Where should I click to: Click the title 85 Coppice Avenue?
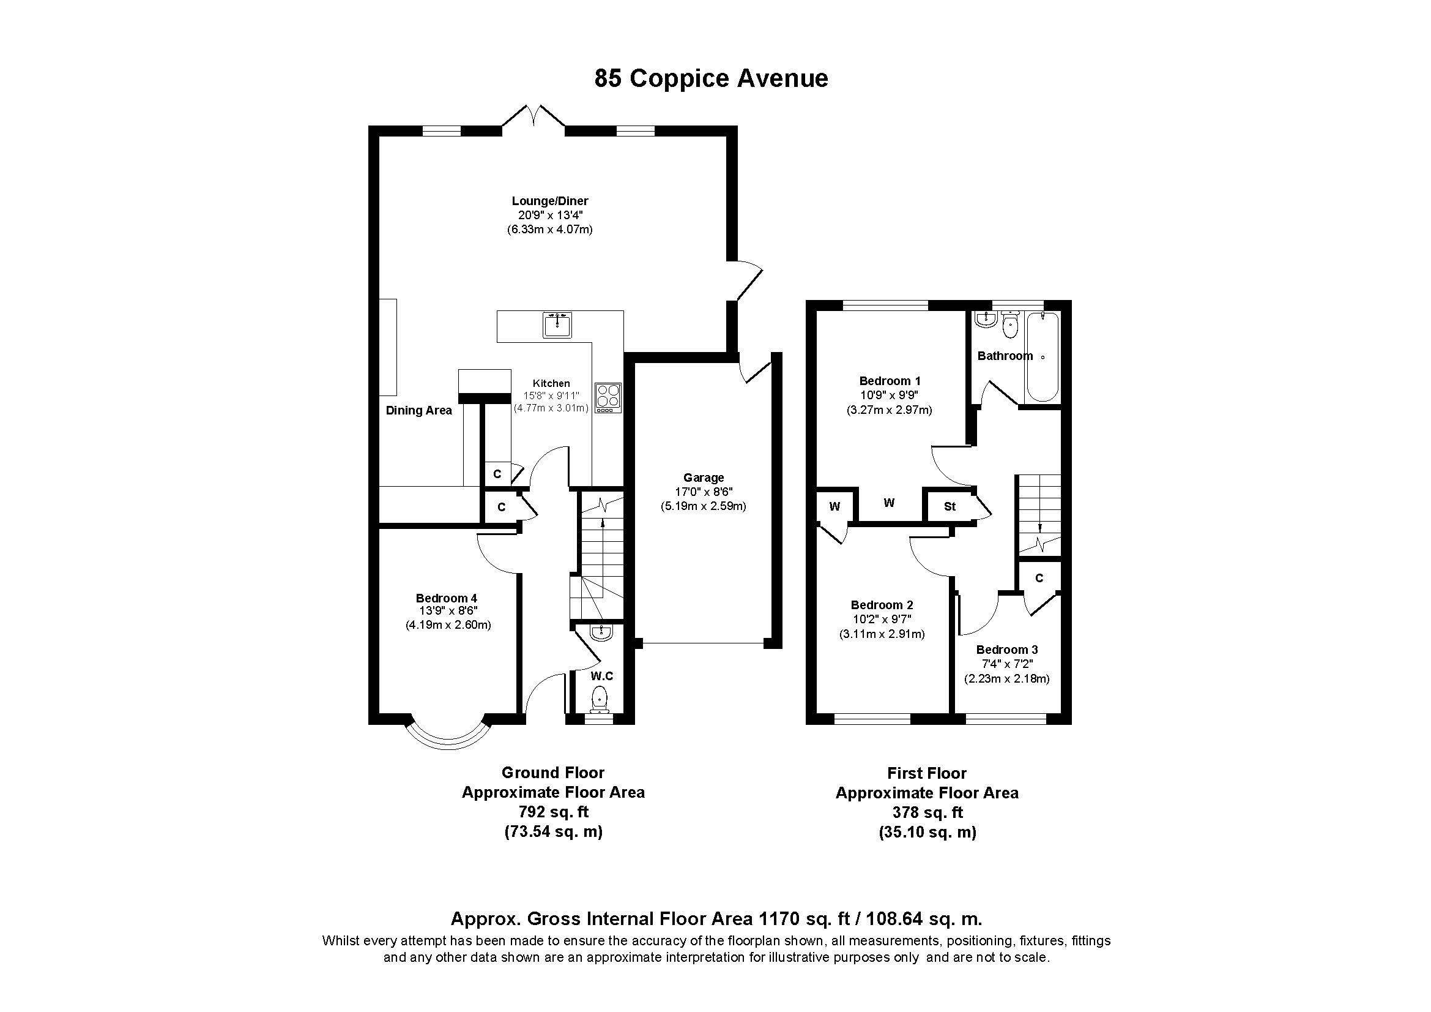point(711,78)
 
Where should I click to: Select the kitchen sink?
point(557,325)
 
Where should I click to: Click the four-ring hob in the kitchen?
point(608,397)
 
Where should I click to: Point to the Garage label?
point(704,478)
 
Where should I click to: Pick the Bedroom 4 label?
point(446,599)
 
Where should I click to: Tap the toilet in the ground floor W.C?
point(600,699)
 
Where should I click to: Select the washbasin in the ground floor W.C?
point(601,632)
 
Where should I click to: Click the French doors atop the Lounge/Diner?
point(533,117)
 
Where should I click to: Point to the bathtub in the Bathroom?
point(1042,358)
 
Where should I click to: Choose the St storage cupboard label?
point(950,506)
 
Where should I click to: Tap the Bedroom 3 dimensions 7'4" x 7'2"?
point(1006,664)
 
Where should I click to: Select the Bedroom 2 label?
point(882,605)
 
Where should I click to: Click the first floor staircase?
point(1039,514)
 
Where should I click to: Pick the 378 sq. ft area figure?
point(927,812)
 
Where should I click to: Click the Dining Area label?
point(419,410)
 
